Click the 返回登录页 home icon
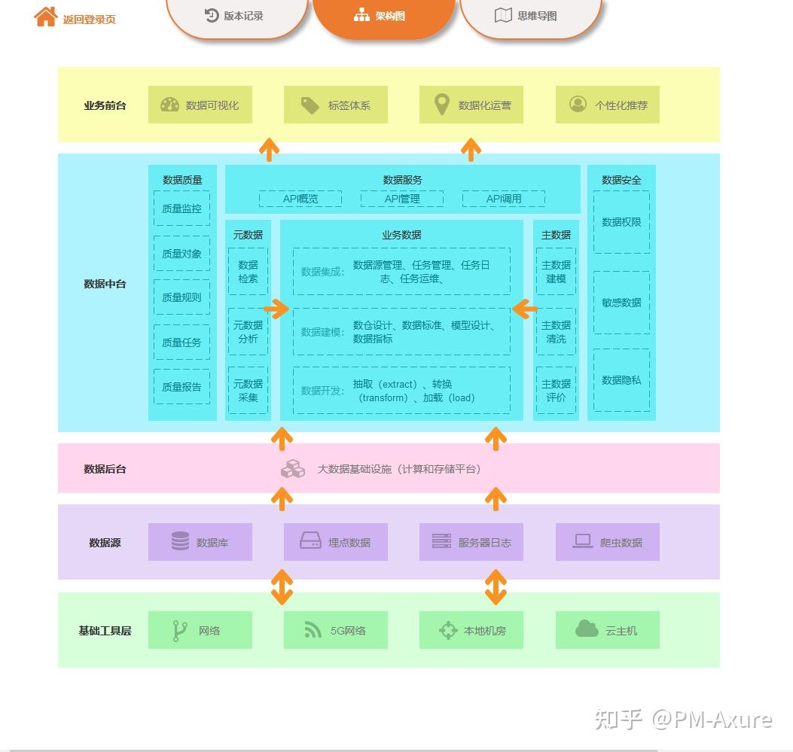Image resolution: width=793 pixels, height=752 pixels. click(x=45, y=17)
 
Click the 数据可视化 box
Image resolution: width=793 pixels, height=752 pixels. click(x=200, y=105)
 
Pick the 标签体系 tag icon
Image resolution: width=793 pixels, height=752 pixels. click(x=310, y=105)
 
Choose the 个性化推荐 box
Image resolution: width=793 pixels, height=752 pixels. click(x=608, y=105)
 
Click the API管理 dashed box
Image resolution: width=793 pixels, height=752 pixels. click(x=402, y=199)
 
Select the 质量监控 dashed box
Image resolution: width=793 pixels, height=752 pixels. click(x=181, y=209)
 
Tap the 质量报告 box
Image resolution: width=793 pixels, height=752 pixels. click(x=181, y=387)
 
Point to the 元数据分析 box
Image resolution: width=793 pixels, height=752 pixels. click(x=248, y=331)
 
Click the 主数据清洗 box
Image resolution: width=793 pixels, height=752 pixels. click(x=556, y=331)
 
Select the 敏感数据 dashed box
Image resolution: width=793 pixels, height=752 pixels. click(x=621, y=302)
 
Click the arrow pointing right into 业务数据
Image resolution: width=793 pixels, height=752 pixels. click(x=276, y=309)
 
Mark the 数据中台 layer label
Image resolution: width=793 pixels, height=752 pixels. click(x=105, y=284)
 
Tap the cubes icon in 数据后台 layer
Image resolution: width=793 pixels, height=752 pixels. click(x=293, y=469)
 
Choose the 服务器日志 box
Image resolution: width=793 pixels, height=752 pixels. click(x=471, y=542)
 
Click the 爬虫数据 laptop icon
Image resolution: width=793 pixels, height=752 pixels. click(x=583, y=541)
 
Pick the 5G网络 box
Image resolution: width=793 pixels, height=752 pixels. click(x=336, y=630)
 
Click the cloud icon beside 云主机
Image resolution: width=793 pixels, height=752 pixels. click(x=587, y=629)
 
